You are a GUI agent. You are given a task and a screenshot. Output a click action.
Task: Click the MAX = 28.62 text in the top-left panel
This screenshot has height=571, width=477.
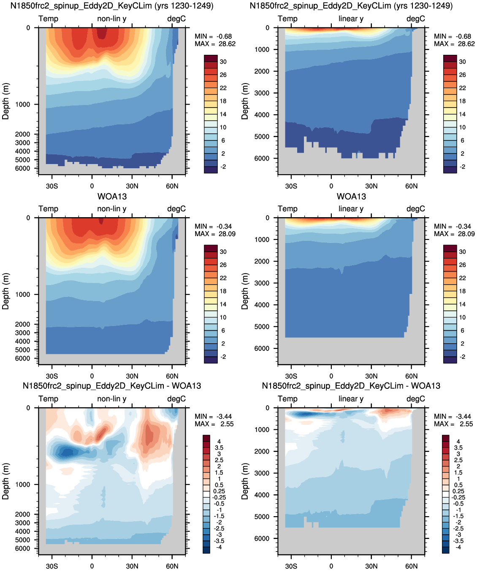(x=215, y=44)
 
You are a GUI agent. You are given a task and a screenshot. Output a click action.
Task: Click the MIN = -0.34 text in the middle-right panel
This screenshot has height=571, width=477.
(x=453, y=226)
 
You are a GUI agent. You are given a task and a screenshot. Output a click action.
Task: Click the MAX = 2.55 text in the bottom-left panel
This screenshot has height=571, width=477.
(x=214, y=424)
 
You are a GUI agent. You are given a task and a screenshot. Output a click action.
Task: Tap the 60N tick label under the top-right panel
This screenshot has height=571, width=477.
(x=411, y=186)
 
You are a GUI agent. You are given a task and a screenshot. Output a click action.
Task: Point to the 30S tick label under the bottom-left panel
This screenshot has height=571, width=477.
(x=52, y=566)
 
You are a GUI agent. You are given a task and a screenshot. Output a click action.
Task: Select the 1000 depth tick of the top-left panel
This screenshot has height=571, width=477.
(x=22, y=104)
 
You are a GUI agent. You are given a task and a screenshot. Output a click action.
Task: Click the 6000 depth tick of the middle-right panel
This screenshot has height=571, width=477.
(x=262, y=348)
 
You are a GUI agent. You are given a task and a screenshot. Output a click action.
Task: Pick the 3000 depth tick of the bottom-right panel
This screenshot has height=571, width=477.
(x=262, y=473)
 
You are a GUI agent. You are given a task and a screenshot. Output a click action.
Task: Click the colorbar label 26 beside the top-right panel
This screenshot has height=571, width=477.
(x=462, y=75)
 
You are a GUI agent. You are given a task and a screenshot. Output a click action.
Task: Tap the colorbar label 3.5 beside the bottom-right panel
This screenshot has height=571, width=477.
(x=458, y=448)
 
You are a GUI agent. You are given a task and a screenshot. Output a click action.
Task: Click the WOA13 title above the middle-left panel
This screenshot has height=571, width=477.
(x=112, y=197)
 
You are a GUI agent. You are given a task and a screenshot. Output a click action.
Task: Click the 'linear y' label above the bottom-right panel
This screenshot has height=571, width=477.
(x=351, y=399)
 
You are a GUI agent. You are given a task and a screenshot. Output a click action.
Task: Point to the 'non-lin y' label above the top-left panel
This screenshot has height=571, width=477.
(x=112, y=19)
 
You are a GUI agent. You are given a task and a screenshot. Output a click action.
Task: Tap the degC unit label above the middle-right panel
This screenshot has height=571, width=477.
(x=416, y=209)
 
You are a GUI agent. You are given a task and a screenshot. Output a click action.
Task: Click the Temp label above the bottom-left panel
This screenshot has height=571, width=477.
(x=48, y=399)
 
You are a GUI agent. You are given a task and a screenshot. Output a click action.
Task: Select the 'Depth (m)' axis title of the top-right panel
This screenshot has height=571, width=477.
(x=245, y=101)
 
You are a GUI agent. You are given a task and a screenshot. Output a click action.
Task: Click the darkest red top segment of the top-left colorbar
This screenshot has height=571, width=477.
(x=211, y=58)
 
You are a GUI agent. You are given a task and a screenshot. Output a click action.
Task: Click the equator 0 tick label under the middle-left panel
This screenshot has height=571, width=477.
(x=92, y=376)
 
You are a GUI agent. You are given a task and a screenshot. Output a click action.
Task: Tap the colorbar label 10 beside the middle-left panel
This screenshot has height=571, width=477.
(x=223, y=317)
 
